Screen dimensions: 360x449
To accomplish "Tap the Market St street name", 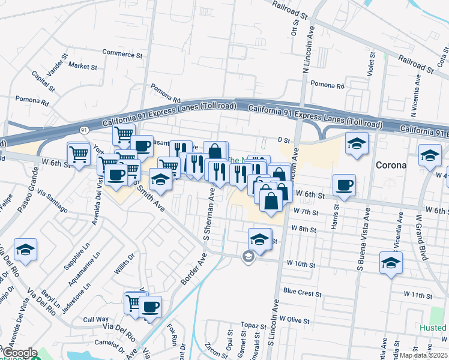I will pos(83,65).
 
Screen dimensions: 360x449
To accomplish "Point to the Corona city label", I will pos(391,164).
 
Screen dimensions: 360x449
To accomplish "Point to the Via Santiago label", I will pos(52,201).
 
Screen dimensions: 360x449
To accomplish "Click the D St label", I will pos(284,140).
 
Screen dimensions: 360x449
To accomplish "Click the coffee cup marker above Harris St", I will pos(344,185).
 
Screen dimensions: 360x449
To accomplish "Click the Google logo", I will pos(19,353).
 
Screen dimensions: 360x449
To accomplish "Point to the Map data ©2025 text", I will pos(424,355).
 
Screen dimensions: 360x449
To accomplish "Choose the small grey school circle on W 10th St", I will pos(247,257).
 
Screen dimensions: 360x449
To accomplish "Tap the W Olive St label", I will pos(294,320).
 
